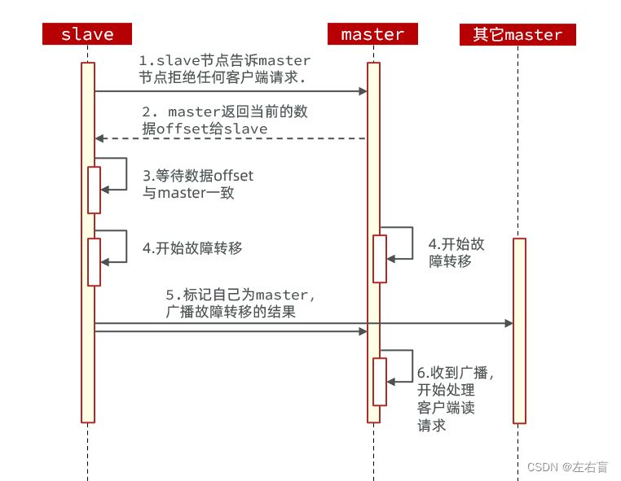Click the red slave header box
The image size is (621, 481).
point(87,34)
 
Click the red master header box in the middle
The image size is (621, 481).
point(372,34)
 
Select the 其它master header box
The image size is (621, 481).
point(517,34)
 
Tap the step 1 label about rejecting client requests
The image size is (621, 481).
point(225,69)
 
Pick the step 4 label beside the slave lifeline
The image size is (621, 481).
point(192,248)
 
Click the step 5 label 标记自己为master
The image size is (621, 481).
point(240,302)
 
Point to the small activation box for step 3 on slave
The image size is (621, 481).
point(94,190)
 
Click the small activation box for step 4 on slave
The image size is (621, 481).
point(94,261)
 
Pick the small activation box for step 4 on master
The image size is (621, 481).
point(380,259)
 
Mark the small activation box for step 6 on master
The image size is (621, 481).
point(380,381)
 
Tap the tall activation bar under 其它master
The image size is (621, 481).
point(519,330)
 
